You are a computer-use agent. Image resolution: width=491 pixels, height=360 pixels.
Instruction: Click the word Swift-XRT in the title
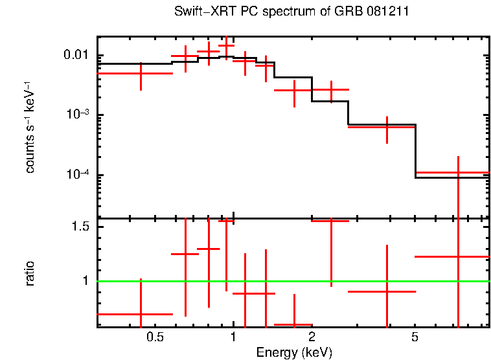[x=200, y=12]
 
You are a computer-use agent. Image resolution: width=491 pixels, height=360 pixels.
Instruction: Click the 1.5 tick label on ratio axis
[x=80, y=227]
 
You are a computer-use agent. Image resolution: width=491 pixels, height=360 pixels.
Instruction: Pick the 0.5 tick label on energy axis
[x=154, y=337]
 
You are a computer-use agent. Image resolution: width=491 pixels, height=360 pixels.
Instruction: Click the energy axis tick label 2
[x=312, y=337]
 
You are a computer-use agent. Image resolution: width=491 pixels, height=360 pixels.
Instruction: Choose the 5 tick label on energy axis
[x=415, y=337]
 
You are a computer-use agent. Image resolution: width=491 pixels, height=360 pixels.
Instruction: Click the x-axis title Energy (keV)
[x=294, y=352]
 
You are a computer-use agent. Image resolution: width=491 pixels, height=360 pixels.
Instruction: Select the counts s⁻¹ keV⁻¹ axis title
[x=30, y=126]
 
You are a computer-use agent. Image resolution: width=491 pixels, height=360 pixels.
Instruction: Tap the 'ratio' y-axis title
[x=30, y=273]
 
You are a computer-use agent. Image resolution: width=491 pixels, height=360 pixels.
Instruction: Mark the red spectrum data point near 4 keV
[x=387, y=127]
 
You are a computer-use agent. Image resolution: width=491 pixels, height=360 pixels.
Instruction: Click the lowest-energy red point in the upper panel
[x=141, y=73]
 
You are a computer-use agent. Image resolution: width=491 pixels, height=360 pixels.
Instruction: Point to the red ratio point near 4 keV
[x=387, y=291]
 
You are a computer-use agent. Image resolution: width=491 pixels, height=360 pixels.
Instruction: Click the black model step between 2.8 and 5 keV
[x=382, y=124]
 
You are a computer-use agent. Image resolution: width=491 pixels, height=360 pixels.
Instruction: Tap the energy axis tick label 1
[x=233, y=337]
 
